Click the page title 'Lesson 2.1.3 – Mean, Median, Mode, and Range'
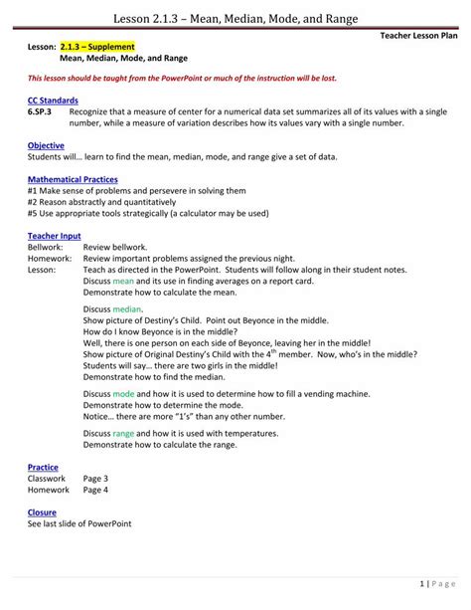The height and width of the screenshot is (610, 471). [x=235, y=18]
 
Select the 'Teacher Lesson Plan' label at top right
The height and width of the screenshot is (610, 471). [x=420, y=35]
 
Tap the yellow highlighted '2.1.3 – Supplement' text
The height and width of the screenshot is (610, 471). [x=96, y=47]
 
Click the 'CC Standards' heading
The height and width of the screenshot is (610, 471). [x=52, y=101]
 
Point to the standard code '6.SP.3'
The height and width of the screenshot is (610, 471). [x=41, y=111]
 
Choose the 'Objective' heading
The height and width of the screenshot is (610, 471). [x=46, y=145]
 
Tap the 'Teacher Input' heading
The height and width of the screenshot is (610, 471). [x=55, y=236]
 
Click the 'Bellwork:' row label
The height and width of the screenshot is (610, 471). [x=46, y=247]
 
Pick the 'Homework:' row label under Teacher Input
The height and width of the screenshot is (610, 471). [x=50, y=258]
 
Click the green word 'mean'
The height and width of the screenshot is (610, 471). [x=123, y=282]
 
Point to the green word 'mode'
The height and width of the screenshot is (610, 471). [x=123, y=394]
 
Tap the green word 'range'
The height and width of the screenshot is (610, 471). [x=123, y=433]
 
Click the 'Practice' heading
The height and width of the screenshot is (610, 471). [x=43, y=467]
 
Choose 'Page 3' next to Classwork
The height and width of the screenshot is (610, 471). [x=95, y=479]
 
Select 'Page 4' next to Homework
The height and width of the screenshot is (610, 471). [x=95, y=490]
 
